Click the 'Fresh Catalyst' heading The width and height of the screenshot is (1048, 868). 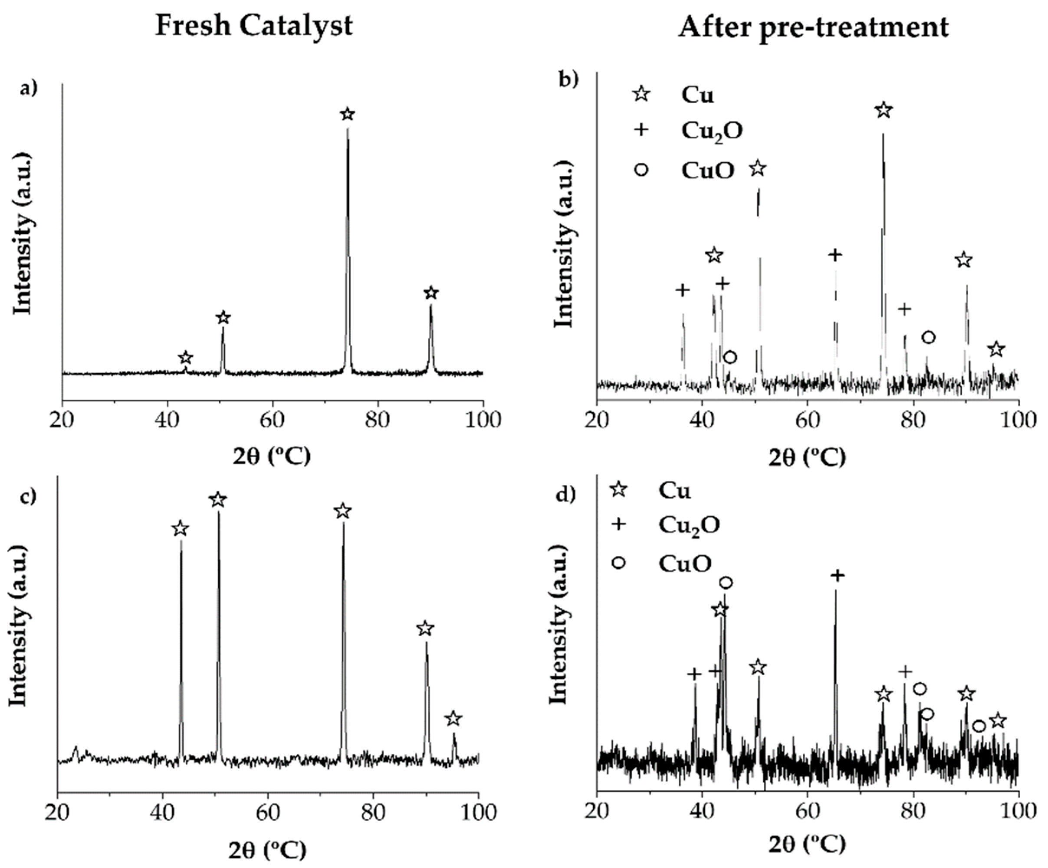tap(254, 26)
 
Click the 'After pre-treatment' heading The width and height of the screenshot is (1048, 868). tap(813, 26)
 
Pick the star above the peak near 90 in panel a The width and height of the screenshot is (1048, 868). tap(431, 293)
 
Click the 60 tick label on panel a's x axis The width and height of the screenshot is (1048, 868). tap(273, 420)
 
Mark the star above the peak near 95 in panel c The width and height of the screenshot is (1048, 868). tap(453, 719)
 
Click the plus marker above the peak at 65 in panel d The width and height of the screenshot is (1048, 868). tap(838, 575)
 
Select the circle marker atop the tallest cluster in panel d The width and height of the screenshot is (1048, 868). tap(726, 582)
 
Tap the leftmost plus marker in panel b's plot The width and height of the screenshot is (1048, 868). tap(683, 289)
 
